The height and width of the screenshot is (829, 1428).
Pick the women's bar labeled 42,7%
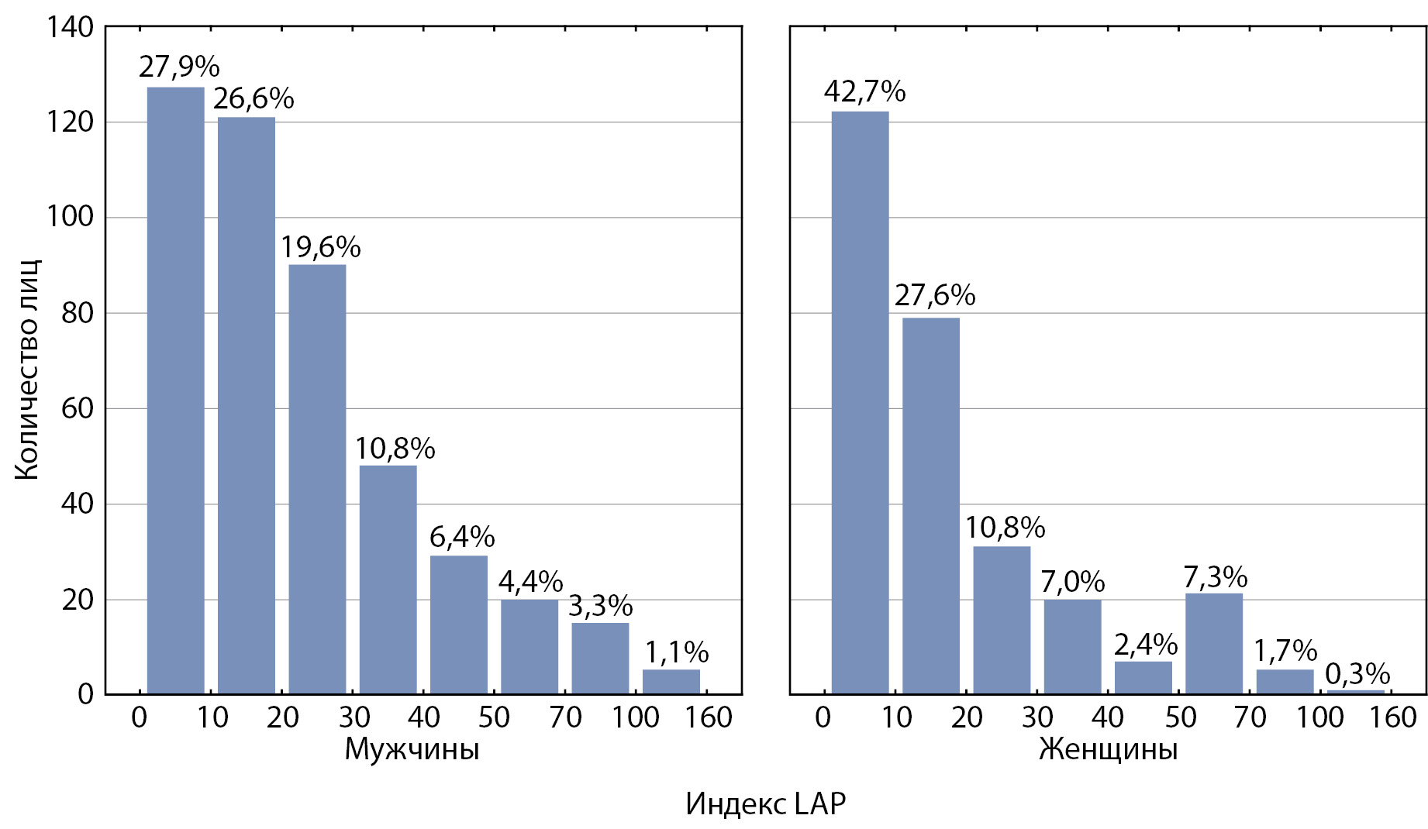(861, 402)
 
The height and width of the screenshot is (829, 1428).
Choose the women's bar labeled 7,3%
(1214, 643)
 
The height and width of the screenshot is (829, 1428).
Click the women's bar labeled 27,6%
(931, 505)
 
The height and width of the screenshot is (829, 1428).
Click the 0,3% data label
(1357, 674)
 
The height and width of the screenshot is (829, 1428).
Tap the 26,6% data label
(254, 99)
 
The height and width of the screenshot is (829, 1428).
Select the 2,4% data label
(1146, 645)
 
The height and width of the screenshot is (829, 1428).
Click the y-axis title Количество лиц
(27, 370)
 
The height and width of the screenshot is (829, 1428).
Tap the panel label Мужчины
(412, 750)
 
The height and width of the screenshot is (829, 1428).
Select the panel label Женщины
(1108, 750)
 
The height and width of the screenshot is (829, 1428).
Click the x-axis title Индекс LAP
(765, 804)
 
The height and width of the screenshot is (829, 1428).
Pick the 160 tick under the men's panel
(708, 717)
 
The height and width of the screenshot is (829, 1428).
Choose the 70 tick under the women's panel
(1249, 717)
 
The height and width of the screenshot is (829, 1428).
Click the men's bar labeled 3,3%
(601, 658)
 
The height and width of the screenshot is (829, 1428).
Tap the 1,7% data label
(1286, 651)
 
